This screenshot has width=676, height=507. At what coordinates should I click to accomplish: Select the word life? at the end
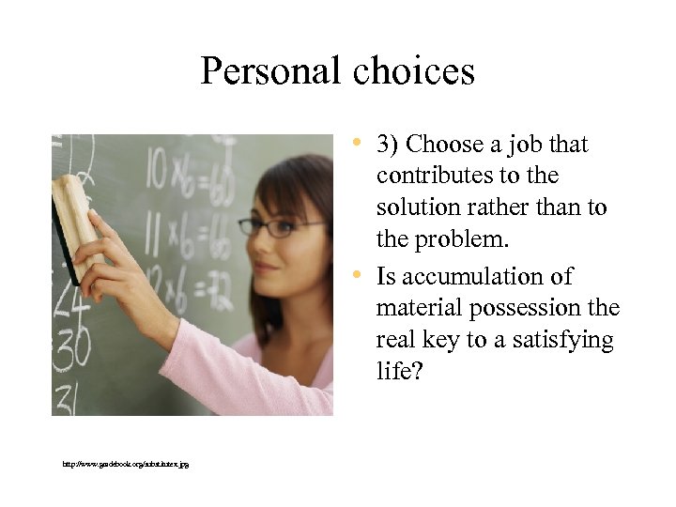397,372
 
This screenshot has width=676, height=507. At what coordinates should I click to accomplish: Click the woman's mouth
268,268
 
